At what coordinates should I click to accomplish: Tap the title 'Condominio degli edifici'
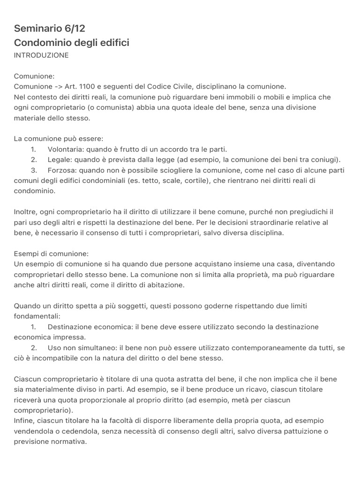(71, 43)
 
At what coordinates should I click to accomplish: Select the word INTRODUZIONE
(41, 55)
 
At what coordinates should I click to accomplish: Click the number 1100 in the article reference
(87, 87)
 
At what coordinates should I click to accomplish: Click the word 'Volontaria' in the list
(64, 149)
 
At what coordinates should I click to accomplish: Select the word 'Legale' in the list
(58, 159)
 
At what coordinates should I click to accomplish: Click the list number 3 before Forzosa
(34, 170)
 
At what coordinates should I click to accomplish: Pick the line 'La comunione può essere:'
(59, 139)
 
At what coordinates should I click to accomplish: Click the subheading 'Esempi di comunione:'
(51, 254)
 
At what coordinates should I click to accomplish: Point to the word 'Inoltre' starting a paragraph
(25, 212)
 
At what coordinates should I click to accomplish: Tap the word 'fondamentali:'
(37, 316)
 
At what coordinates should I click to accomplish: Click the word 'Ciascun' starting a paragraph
(27, 379)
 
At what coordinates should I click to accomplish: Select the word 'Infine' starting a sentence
(24, 420)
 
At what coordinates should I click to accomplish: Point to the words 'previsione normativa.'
(51, 441)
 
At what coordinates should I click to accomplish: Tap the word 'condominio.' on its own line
(35, 191)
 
